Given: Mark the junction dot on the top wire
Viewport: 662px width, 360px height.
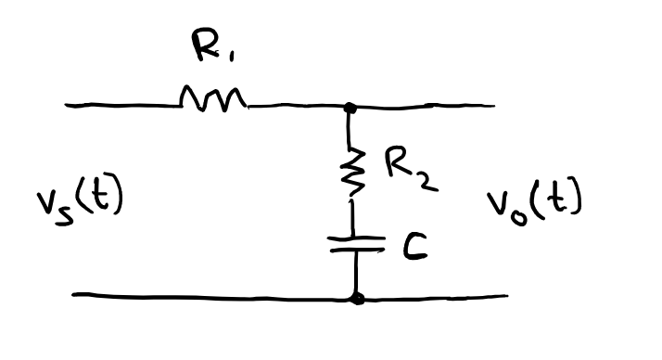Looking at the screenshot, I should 350,108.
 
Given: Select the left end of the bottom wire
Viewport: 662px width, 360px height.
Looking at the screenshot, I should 74,296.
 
